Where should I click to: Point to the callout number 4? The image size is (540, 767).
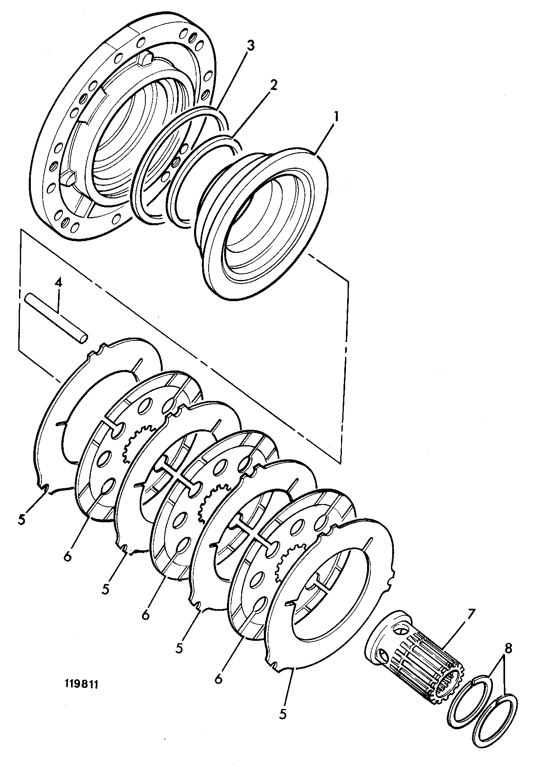(58, 283)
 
